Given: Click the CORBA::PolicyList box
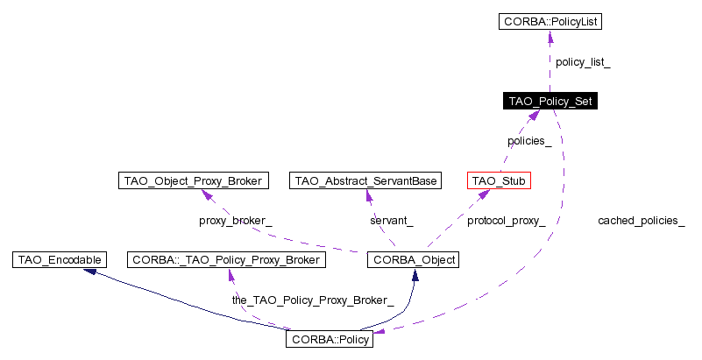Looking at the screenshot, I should [550, 20].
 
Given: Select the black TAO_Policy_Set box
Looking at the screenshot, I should [550, 102].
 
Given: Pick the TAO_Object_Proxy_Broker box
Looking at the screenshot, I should [192, 180].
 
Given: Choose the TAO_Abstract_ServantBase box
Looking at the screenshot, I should [365, 180].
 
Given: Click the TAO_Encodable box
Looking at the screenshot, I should [60, 259].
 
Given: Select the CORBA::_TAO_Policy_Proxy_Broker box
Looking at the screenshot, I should [227, 259].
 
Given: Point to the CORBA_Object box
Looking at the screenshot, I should [413, 259].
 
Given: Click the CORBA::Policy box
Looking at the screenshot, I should [330, 339].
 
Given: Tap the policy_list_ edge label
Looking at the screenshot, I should [583, 63].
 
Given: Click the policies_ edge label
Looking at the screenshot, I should [529, 141].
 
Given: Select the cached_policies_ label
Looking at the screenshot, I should [642, 221].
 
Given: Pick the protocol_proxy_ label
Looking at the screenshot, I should [506, 221].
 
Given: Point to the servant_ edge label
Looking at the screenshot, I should [392, 221].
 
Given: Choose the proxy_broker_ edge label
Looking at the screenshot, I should [236, 221].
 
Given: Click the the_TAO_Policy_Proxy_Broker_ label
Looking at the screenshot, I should [313, 300].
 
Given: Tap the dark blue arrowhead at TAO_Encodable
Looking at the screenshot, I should [89, 272].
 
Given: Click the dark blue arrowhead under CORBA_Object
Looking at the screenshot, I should [414, 274].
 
